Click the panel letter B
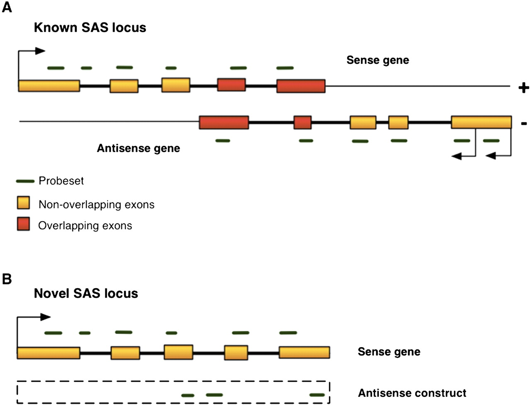pyautogui.click(x=7, y=279)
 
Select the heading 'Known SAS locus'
pyautogui.click(x=90, y=28)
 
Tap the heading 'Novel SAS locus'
pyautogui.click(x=86, y=294)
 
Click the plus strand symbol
pyautogui.click(x=524, y=88)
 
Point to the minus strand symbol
pyautogui.click(x=524, y=123)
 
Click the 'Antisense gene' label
pyautogui.click(x=138, y=148)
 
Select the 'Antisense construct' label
pyautogui.click(x=412, y=393)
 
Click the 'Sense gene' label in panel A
pyautogui.click(x=378, y=60)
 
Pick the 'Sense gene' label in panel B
pyautogui.click(x=389, y=352)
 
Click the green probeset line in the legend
pyautogui.click(x=25, y=181)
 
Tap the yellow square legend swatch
pyautogui.click(x=23, y=203)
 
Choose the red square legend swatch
pyautogui.click(x=23, y=224)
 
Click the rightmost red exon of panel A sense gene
pyautogui.click(x=301, y=86)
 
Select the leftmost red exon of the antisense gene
pyautogui.click(x=224, y=123)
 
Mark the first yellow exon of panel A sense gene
pyautogui.click(x=49, y=86)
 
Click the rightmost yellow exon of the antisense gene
pyautogui.click(x=481, y=122)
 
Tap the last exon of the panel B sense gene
pyautogui.click(x=304, y=353)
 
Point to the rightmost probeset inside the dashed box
pyautogui.click(x=317, y=395)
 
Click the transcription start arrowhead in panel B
pyautogui.click(x=46, y=317)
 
